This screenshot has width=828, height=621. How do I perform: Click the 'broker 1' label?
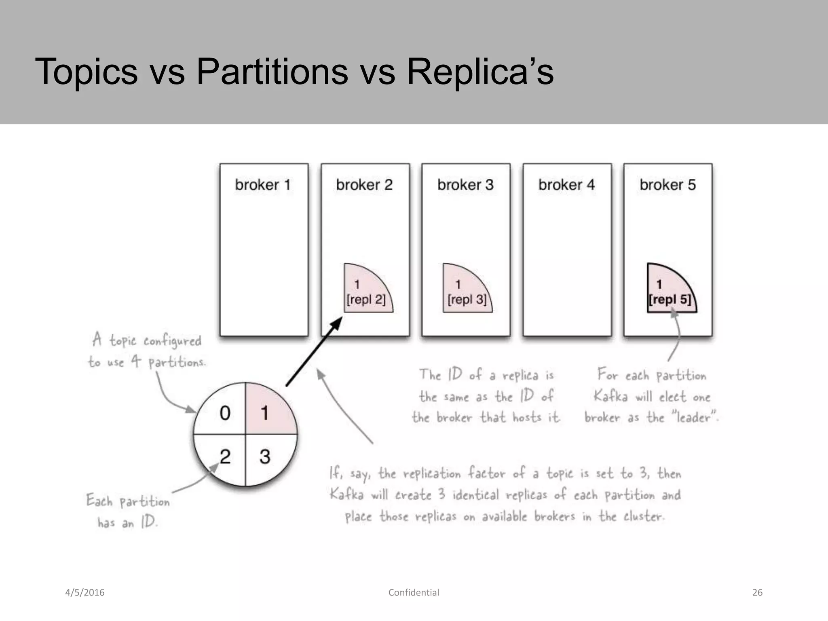point(263,185)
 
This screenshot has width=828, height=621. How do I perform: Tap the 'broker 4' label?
point(566,185)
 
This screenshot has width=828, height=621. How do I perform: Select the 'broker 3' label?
point(465,185)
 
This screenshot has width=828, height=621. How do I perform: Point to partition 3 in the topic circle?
point(265,457)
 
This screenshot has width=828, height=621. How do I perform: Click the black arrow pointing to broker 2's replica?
point(314,351)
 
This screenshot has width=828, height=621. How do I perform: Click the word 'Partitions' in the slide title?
point(272,72)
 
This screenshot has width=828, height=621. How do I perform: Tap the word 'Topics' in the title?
point(87,72)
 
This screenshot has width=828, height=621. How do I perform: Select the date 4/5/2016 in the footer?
point(85,593)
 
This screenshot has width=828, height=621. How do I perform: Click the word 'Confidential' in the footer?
point(414,593)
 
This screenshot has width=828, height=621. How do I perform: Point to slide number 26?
point(757,593)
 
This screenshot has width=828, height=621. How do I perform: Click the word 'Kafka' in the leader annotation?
point(610,396)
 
